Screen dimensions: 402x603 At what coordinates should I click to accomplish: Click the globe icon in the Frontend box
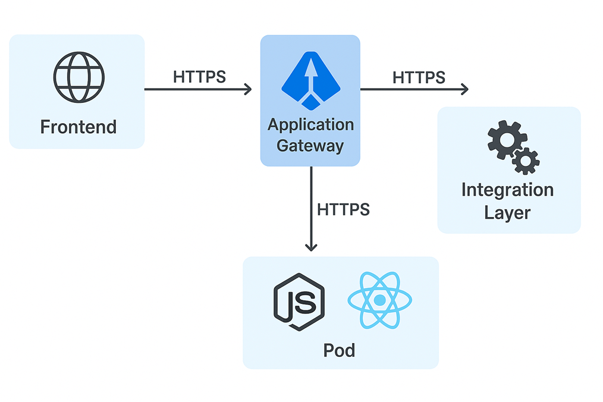pyautogui.click(x=78, y=77)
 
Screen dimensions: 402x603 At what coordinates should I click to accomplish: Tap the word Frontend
pyautogui.click(x=78, y=127)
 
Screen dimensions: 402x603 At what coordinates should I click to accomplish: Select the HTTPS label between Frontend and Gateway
pyautogui.click(x=199, y=77)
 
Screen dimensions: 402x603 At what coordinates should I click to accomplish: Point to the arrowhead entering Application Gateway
pyautogui.click(x=247, y=90)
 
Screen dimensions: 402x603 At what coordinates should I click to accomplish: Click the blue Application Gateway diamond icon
pyautogui.click(x=310, y=80)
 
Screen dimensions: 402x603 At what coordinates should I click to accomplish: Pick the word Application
pyautogui.click(x=310, y=125)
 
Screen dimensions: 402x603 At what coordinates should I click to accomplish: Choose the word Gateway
pyautogui.click(x=310, y=146)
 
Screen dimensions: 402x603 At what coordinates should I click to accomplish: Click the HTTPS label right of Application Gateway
pyautogui.click(x=419, y=77)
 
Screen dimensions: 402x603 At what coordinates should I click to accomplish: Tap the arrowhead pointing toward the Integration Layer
pyautogui.click(x=464, y=90)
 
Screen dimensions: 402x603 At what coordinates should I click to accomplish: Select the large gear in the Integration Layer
pyautogui.click(x=506, y=139)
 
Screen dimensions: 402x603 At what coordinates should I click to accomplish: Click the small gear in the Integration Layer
pyautogui.click(x=526, y=161)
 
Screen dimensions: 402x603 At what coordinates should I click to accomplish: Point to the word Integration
pyautogui.click(x=507, y=190)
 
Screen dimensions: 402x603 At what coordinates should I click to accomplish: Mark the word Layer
pyautogui.click(x=507, y=212)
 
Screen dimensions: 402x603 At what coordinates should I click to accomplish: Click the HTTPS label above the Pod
pyautogui.click(x=343, y=209)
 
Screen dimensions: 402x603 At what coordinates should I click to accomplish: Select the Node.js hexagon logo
pyautogui.click(x=299, y=301)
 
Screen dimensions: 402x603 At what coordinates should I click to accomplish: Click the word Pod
pyautogui.click(x=339, y=350)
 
